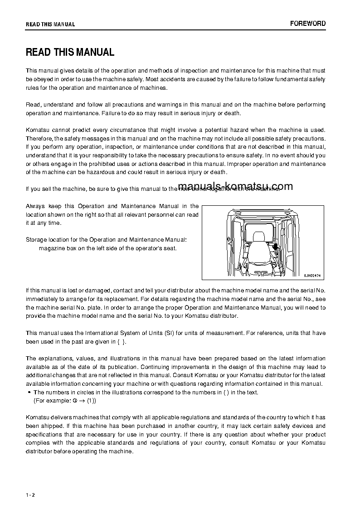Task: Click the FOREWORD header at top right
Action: click(x=308, y=24)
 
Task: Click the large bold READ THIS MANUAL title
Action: click(x=70, y=52)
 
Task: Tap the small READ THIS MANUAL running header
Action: click(x=50, y=24)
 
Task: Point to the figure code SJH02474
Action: click(x=312, y=275)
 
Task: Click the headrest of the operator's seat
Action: click(x=259, y=237)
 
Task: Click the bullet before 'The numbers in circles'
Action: click(x=29, y=393)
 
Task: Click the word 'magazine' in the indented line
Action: click(x=51, y=248)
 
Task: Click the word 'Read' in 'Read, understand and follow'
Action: click(x=33, y=105)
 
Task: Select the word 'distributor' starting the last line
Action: click(x=40, y=451)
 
